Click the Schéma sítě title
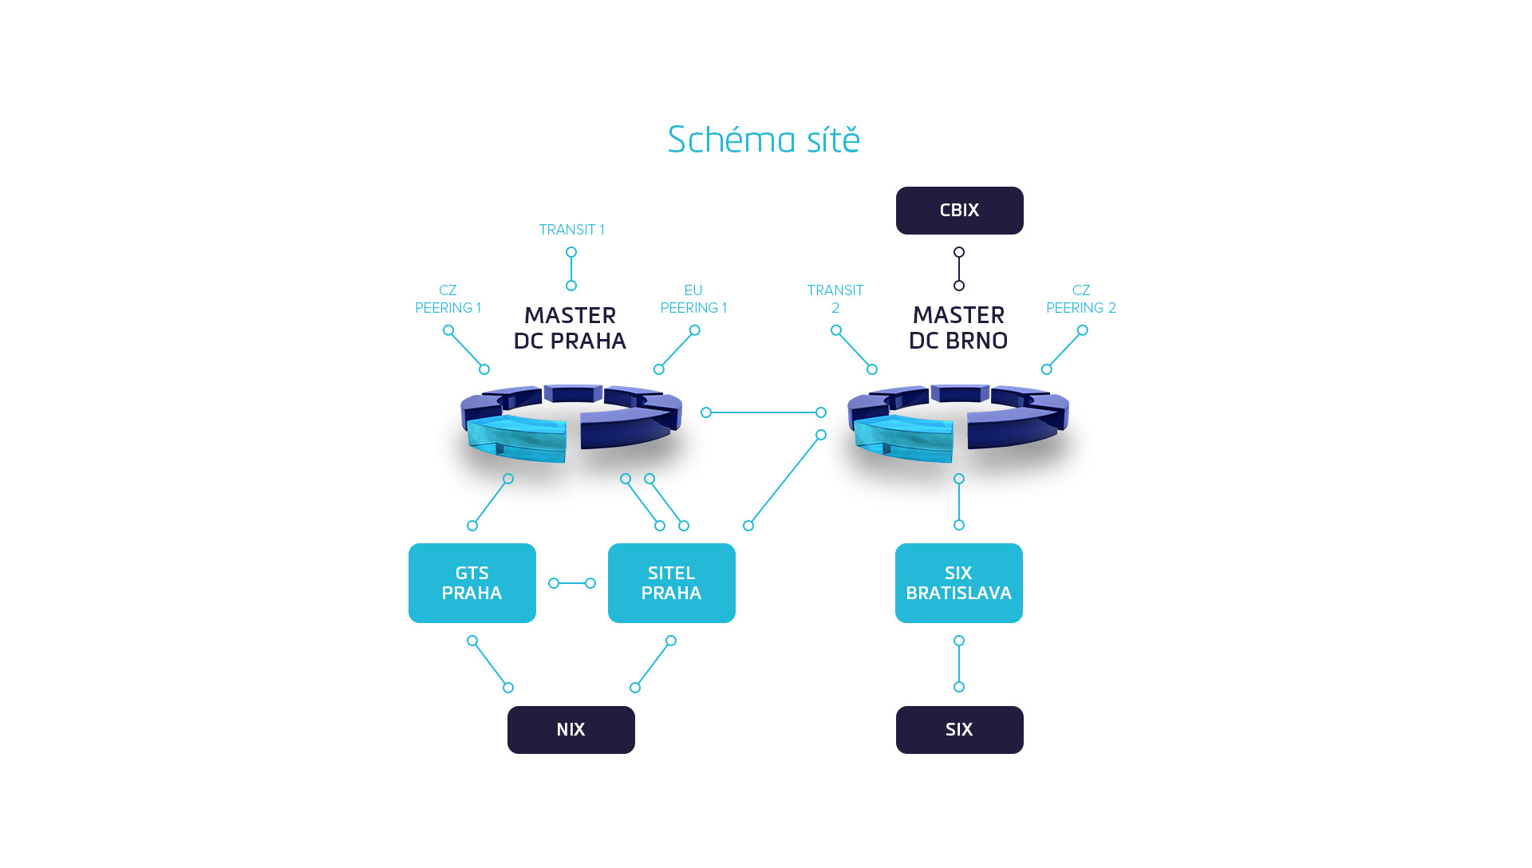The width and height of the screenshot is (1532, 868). (x=764, y=140)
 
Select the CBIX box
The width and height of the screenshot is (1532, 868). (x=959, y=211)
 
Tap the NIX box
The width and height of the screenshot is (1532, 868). (x=571, y=730)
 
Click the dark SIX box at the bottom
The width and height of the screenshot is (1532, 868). (x=959, y=730)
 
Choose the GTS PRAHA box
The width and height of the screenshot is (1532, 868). (x=472, y=583)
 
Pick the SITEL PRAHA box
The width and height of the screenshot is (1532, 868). (x=671, y=583)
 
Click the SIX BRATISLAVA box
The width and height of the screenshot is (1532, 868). (x=958, y=583)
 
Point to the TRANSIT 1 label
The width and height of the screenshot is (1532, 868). (x=571, y=230)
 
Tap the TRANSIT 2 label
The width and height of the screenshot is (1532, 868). (x=835, y=299)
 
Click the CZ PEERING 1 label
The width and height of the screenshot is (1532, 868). (x=448, y=299)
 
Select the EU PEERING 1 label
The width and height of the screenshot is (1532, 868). (x=693, y=299)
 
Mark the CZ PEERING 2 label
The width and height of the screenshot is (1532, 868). (x=1081, y=299)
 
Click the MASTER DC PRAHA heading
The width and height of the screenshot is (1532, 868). (x=570, y=328)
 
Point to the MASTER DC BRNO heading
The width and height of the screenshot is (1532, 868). (x=958, y=328)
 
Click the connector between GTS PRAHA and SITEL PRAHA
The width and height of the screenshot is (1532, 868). (x=572, y=583)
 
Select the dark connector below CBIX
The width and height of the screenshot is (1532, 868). (x=959, y=269)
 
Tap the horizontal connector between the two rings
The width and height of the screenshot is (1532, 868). (x=764, y=412)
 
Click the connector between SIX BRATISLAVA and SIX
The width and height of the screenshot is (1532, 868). (x=959, y=664)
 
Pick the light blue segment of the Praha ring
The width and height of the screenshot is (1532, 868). (x=517, y=439)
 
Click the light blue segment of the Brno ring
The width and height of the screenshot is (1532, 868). (x=904, y=439)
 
